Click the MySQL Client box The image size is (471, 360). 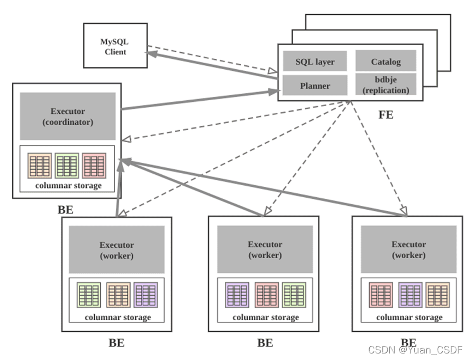coord(115,45)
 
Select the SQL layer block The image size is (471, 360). coord(315,61)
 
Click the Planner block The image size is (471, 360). coord(315,86)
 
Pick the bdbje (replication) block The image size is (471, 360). coord(386,84)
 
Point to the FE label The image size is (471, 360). coord(386,115)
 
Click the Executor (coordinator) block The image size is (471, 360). coord(68,117)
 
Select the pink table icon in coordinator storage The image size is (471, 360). coord(94,166)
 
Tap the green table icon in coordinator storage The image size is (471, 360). coord(67,166)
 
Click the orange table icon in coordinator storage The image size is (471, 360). coord(40,166)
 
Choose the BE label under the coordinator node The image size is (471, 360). coord(65,210)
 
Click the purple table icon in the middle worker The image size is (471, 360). coord(237,295)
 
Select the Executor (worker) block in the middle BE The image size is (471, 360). coord(265,249)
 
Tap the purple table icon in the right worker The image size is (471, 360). coord(411,295)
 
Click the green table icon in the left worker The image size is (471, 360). coord(89,295)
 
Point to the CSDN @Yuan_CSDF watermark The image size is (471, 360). coord(415,350)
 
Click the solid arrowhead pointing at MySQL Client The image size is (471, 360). coord(152,54)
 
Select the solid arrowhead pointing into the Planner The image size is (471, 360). coord(274,91)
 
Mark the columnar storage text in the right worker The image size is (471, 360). coord(409,318)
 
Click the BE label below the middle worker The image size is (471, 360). coord(265,343)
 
